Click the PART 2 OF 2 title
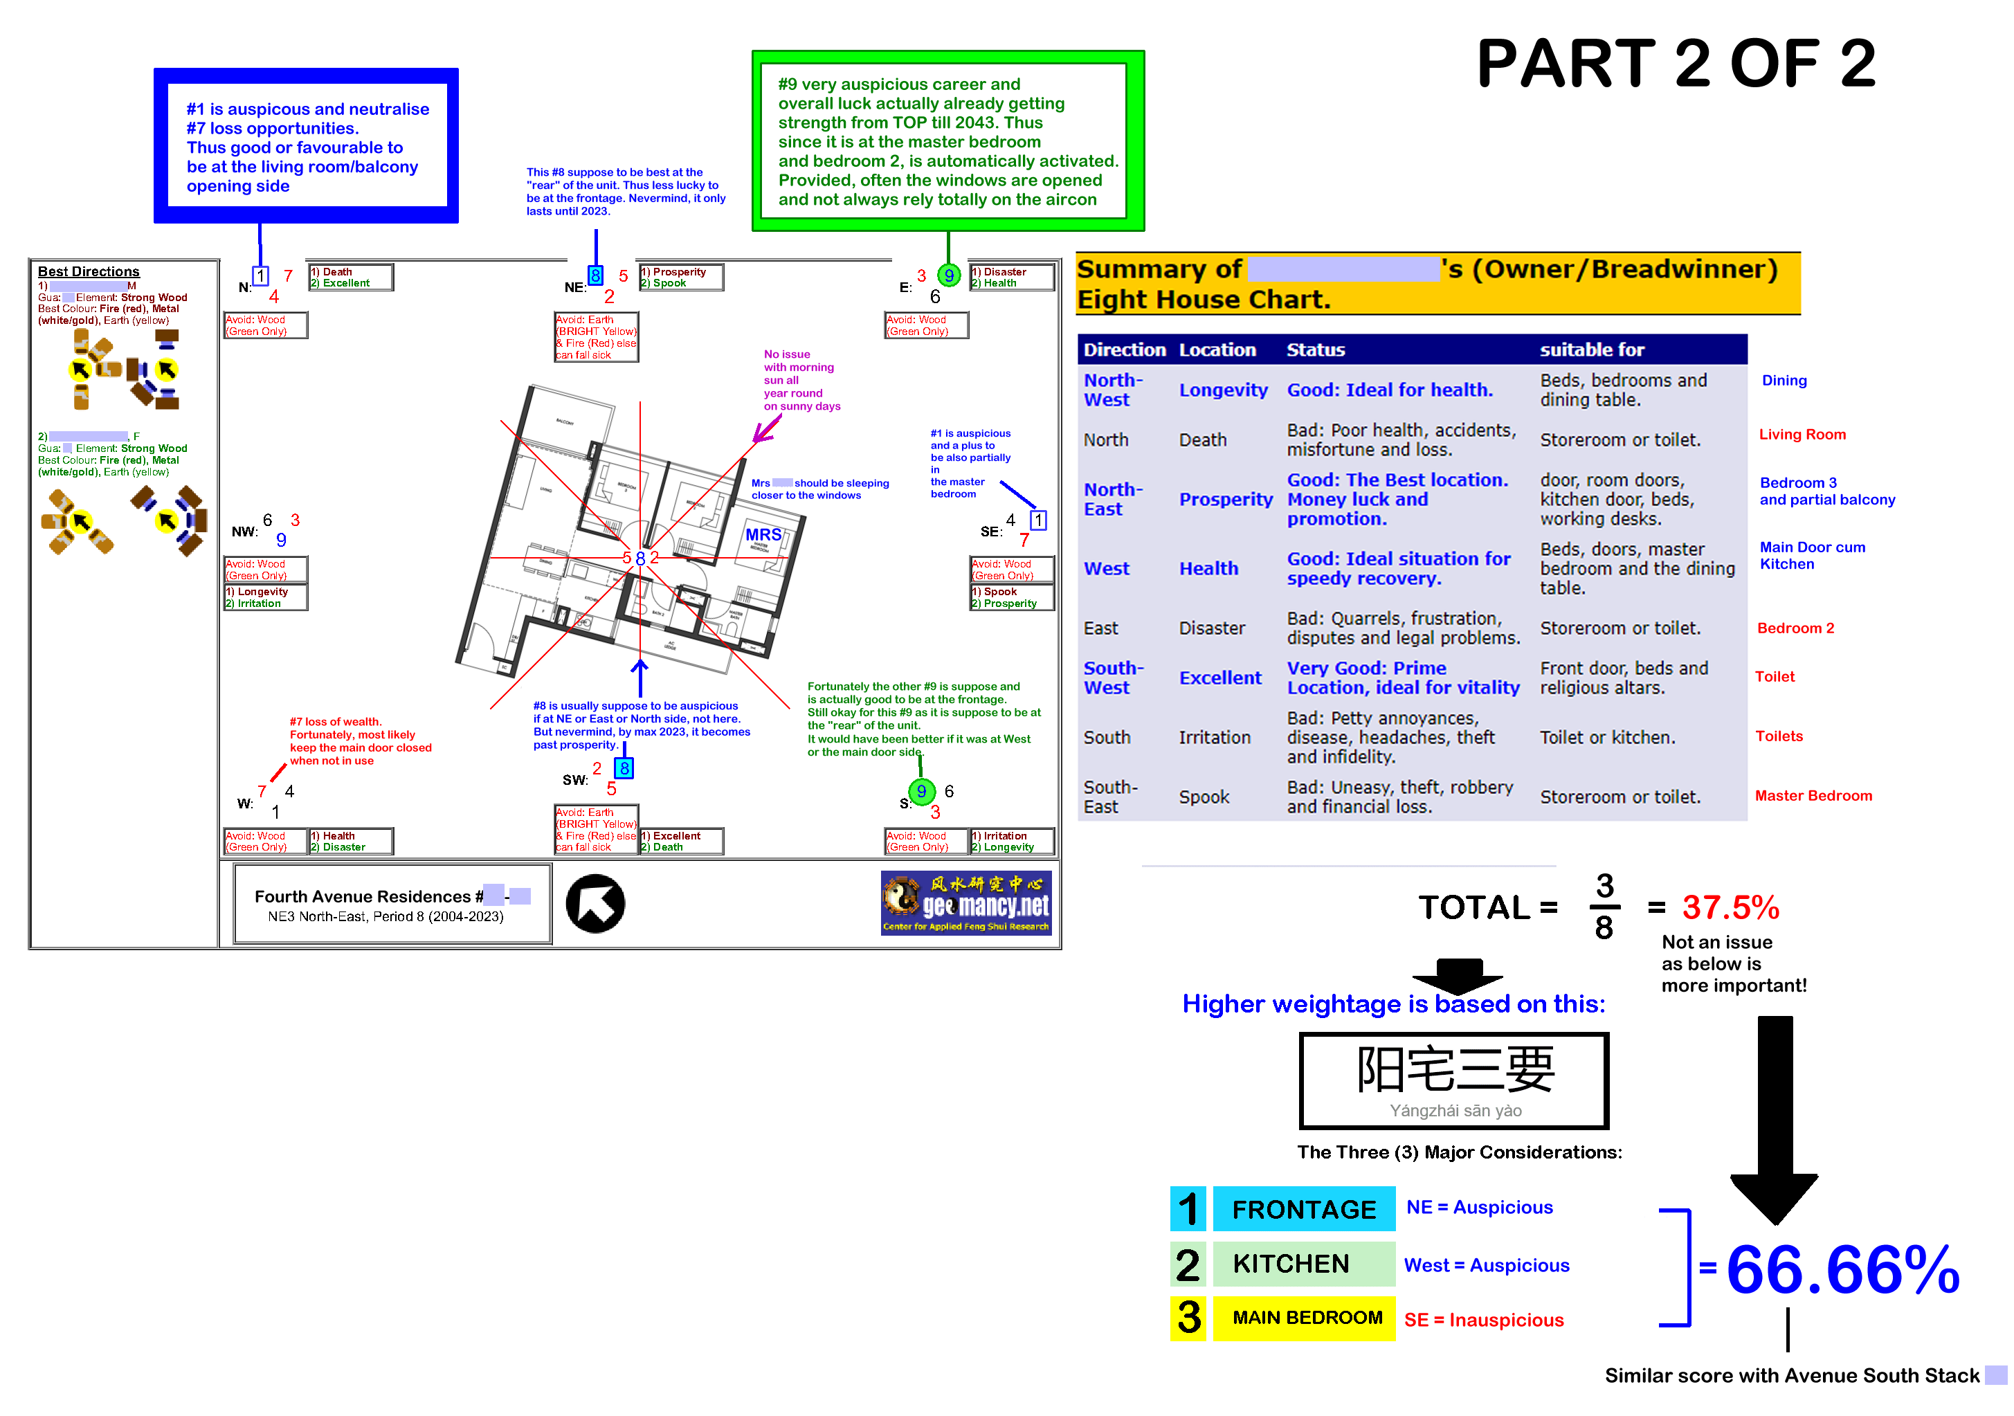coord(1676,64)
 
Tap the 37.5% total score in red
coord(1730,908)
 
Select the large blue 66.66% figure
coord(1842,1269)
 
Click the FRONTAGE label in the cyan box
coord(1303,1210)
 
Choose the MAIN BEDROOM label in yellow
coord(1307,1318)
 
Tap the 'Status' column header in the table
coord(1315,350)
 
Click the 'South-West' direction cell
coord(1112,678)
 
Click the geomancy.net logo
coord(965,902)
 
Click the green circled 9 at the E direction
coord(948,275)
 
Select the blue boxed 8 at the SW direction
coord(624,768)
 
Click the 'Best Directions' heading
coord(89,272)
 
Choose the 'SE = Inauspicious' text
coord(1483,1320)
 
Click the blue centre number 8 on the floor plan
coord(640,559)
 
